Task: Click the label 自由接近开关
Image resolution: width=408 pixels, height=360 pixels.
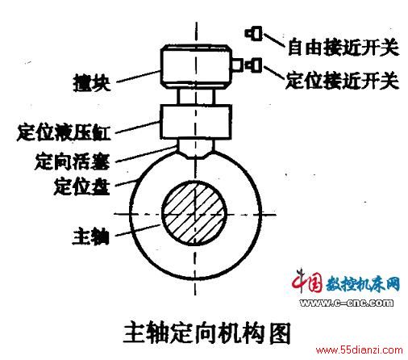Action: click(343, 48)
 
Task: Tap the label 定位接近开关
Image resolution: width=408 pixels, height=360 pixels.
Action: click(342, 80)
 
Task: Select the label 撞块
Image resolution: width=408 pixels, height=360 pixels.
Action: click(92, 82)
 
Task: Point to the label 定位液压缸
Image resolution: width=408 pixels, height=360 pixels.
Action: click(64, 132)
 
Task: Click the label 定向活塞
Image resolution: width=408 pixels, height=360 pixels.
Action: click(73, 161)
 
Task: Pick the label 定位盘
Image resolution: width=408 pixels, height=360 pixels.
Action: click(82, 186)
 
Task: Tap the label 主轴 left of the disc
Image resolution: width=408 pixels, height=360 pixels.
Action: click(91, 237)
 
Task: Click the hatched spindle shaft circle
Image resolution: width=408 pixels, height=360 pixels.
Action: click(194, 213)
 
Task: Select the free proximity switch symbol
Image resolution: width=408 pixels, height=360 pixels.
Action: click(253, 33)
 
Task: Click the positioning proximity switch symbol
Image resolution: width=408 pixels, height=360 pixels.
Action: click(253, 65)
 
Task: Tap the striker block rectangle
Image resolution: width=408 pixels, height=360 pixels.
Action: click(196, 66)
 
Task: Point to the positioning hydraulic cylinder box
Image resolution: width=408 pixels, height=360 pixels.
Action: click(196, 122)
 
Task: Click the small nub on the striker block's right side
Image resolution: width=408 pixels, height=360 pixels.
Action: click(237, 65)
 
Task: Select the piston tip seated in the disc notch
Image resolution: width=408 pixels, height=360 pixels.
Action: click(196, 154)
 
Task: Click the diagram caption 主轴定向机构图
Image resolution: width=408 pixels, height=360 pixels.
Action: click(207, 333)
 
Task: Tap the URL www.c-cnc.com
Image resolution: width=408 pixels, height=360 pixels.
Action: click(347, 303)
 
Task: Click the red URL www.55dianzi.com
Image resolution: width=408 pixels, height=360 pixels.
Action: click(360, 350)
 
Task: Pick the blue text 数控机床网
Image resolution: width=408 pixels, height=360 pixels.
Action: click(363, 283)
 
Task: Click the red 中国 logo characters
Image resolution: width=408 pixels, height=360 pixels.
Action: click(307, 281)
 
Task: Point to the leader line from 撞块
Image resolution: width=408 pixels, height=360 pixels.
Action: click(138, 77)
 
